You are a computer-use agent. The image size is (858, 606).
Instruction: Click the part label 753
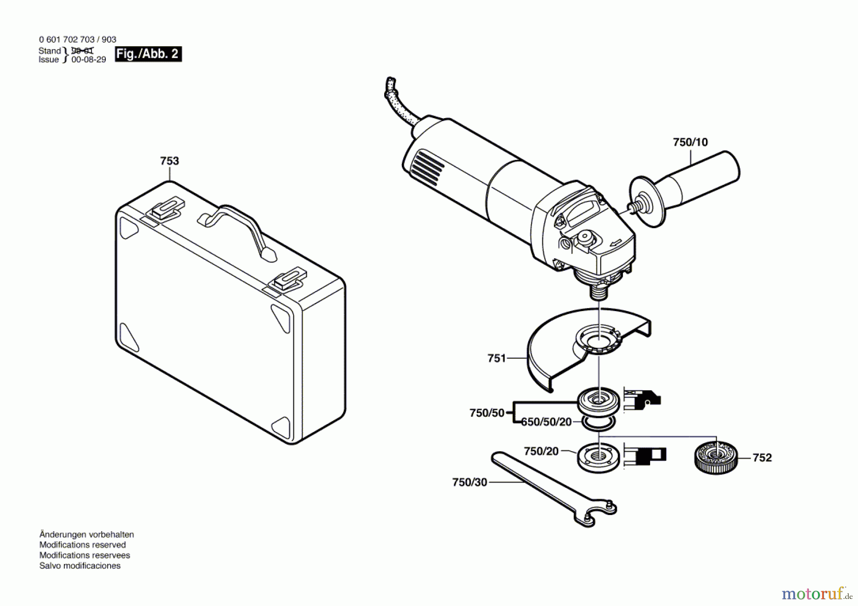(x=169, y=161)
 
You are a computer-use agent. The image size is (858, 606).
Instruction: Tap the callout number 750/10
(x=690, y=142)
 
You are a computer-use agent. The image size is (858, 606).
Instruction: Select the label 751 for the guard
(x=497, y=358)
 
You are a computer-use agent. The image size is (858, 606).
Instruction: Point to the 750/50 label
(x=487, y=413)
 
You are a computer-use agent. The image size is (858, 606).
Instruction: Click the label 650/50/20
(x=546, y=422)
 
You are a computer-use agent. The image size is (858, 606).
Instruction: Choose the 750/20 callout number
(x=541, y=451)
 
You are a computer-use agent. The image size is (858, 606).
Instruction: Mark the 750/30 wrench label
(x=470, y=483)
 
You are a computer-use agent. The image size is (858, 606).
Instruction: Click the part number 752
(x=762, y=458)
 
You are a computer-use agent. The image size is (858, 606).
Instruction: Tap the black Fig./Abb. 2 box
(x=148, y=54)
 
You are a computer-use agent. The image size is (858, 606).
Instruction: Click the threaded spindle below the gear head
(x=599, y=291)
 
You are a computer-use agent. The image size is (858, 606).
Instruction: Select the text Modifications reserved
(x=82, y=545)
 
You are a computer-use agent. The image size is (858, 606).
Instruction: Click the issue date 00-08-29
(x=89, y=60)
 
